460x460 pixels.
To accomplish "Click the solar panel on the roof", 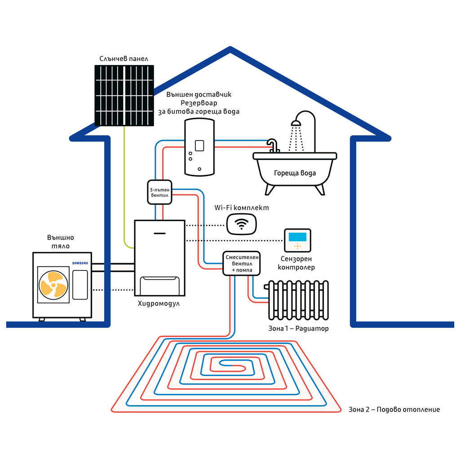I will point(124,95).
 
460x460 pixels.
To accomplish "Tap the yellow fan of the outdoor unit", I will point(53,285).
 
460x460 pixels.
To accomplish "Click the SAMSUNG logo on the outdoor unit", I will point(80,263).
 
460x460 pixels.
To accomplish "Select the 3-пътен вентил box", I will point(159,192).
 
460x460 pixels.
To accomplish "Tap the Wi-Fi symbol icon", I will point(242,223).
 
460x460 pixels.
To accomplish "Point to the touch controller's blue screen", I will point(297,236).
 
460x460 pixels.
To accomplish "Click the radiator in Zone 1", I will point(299,300).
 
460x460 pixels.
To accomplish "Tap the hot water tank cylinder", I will point(199,146).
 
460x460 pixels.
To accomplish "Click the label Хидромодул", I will point(159,304).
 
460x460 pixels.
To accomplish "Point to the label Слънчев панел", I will point(124,59).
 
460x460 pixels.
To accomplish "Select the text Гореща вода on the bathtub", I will point(295,173).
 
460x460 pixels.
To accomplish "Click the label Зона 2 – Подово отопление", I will point(394,410).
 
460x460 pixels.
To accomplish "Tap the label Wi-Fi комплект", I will point(242,208).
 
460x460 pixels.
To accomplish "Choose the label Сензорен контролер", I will point(297,263).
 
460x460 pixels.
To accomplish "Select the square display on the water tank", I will point(199,146).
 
